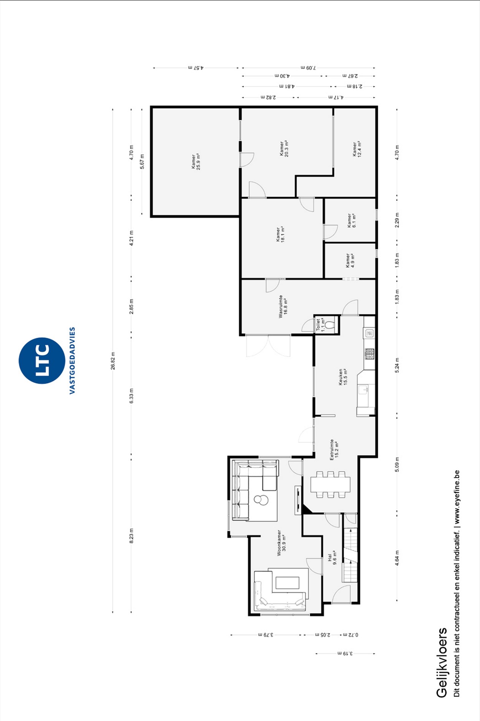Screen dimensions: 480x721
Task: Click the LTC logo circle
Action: click(x=42, y=360)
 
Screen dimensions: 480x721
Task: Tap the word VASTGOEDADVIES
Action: click(x=72, y=360)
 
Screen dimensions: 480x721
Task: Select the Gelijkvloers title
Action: click(x=442, y=662)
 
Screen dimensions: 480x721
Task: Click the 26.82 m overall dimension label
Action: click(x=113, y=361)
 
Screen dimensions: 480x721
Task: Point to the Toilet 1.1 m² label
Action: click(x=321, y=325)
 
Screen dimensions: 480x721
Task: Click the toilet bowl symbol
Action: click(x=330, y=325)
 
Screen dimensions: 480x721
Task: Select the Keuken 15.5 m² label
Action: click(x=343, y=377)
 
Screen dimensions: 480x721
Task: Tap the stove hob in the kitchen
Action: click(x=369, y=354)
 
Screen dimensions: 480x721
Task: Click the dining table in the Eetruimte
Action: click(x=330, y=484)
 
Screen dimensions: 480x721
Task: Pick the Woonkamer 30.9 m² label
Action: click(x=281, y=543)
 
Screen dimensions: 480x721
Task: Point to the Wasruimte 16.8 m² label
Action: click(x=283, y=306)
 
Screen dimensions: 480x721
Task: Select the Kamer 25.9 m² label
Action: click(x=196, y=161)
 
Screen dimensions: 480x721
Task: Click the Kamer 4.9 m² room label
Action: click(x=350, y=261)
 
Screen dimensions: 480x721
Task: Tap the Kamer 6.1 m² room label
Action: click(x=352, y=220)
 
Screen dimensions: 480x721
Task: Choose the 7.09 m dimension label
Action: click(x=308, y=68)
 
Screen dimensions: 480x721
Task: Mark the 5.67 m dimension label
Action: click(x=142, y=161)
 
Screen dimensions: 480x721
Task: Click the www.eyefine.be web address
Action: click(x=457, y=497)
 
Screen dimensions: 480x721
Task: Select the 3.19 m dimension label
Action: click(x=345, y=653)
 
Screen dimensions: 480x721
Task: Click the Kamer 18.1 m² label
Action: click(x=280, y=234)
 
